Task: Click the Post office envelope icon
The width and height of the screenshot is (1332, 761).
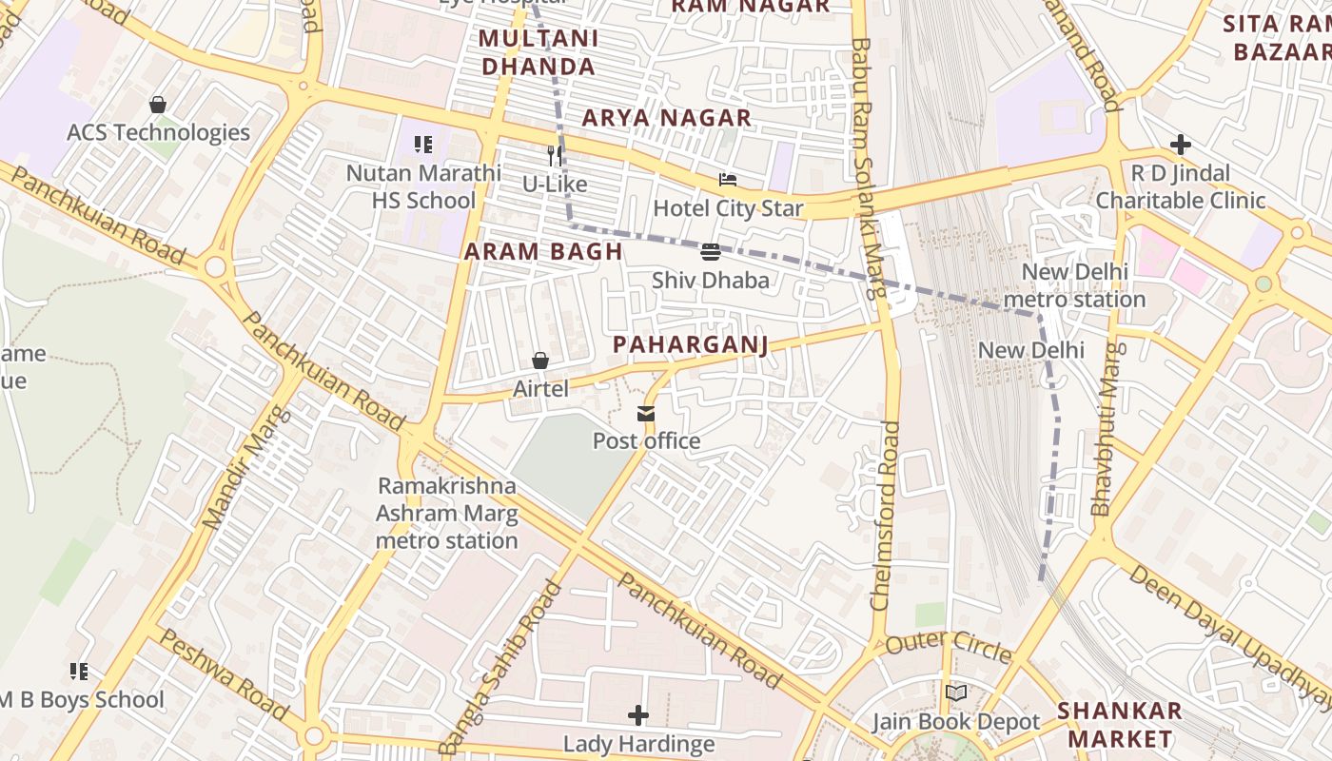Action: pos(646,413)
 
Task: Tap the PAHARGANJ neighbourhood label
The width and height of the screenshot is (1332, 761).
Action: pos(690,344)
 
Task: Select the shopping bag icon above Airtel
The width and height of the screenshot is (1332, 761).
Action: pos(540,361)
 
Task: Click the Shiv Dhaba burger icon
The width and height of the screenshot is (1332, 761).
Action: pos(710,252)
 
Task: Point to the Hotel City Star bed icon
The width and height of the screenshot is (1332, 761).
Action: pos(728,180)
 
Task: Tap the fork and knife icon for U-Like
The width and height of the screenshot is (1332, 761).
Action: pos(555,155)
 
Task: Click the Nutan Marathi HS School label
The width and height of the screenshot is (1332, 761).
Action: pos(423,186)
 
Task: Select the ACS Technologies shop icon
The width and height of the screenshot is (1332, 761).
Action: pos(158,105)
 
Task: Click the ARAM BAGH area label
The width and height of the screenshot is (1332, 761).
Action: pos(543,252)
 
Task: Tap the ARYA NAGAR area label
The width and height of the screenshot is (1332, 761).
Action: pos(667,118)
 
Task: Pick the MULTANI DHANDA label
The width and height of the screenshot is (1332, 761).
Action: pos(539,52)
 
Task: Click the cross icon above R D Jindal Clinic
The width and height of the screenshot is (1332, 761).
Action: pos(1181,145)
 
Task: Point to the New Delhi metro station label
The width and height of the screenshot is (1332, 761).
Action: pos(1075,285)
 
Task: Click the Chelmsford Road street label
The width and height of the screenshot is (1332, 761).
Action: pos(885,514)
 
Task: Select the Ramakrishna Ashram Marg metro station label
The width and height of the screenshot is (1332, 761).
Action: pos(446,513)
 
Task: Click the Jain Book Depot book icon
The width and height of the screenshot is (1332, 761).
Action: pos(956,693)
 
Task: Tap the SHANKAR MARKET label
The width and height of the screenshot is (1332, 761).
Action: pos(1120,724)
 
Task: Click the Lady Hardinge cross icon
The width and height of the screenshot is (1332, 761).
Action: pos(638,714)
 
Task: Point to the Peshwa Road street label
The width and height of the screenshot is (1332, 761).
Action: pos(223,673)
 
